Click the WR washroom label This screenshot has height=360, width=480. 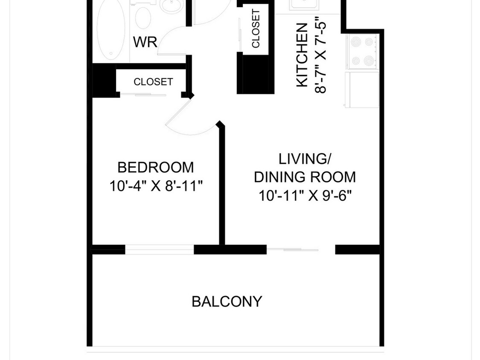point(145,42)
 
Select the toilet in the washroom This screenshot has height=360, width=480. point(143,16)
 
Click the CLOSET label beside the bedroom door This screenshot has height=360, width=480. point(153,82)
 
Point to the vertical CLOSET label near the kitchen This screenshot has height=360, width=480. point(256,29)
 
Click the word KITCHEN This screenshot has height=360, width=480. point(302,55)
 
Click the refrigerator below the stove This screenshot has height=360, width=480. point(362,90)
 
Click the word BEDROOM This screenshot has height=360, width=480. point(155,168)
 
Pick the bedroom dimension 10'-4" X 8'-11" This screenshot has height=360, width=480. point(156,186)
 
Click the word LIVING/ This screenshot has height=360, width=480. point(305,159)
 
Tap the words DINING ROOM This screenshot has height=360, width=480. point(305,177)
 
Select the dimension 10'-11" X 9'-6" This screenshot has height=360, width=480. point(305,195)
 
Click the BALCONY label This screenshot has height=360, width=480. point(227,302)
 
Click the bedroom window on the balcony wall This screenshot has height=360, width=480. point(160,250)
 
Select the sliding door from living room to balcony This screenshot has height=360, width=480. point(301,250)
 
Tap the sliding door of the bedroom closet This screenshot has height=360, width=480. point(151,95)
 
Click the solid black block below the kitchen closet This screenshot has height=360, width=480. point(255,74)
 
